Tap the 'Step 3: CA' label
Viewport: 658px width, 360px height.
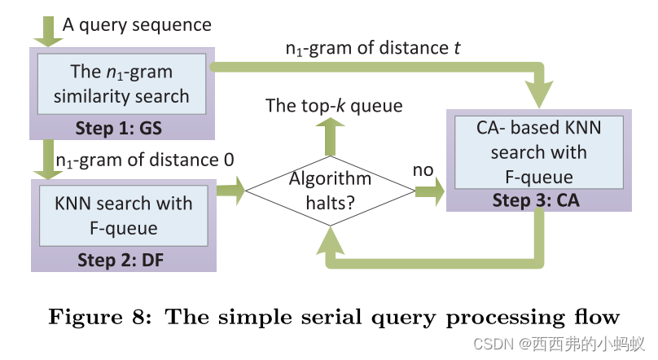pyautogui.click(x=537, y=201)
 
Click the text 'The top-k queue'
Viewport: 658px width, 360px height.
pyautogui.click(x=333, y=106)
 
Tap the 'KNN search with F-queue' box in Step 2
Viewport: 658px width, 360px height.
pyautogui.click(x=123, y=215)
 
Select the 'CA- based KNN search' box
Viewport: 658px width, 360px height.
pyautogui.click(x=537, y=152)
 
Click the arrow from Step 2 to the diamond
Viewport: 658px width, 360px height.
pyautogui.click(x=230, y=193)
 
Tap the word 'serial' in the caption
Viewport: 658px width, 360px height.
pyautogui.click(x=318, y=316)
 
